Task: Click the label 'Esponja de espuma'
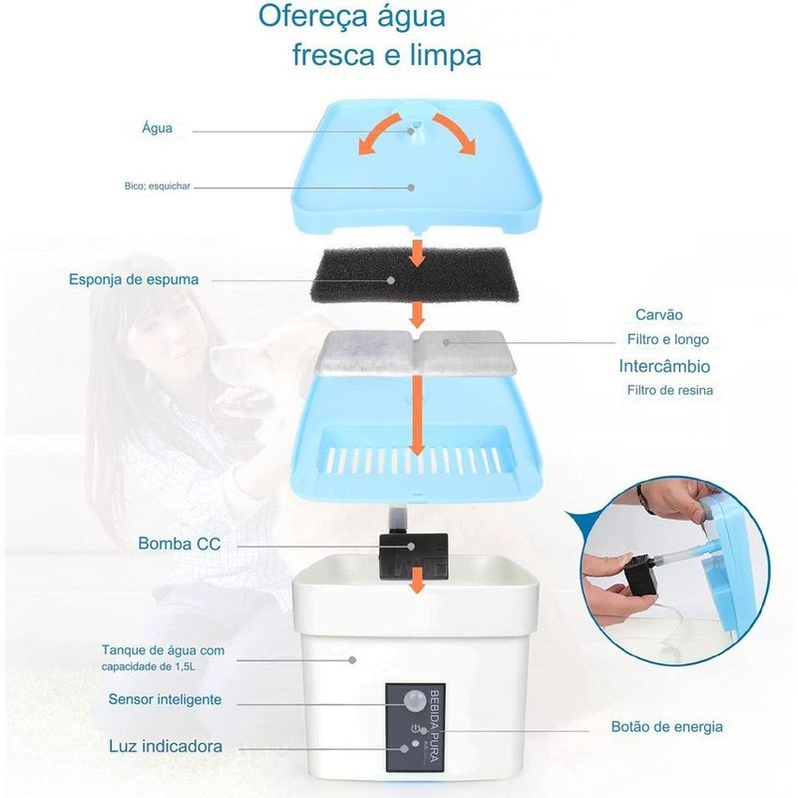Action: click(x=134, y=279)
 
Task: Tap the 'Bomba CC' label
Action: click(x=180, y=544)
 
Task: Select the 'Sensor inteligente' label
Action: click(x=165, y=699)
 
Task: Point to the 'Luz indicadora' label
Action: click(x=166, y=746)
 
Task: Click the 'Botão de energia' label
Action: click(x=666, y=727)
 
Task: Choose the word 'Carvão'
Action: click(x=658, y=314)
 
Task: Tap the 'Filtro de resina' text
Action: click(x=669, y=390)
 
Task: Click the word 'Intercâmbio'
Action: click(x=664, y=366)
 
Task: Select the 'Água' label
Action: click(x=157, y=128)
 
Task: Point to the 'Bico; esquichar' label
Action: click(x=158, y=187)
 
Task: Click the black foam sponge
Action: click(x=415, y=275)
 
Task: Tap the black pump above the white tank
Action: click(x=413, y=556)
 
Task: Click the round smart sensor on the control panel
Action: click(x=414, y=700)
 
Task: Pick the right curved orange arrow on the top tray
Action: click(x=454, y=134)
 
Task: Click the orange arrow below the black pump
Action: click(x=417, y=581)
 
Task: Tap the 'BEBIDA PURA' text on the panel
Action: click(x=434, y=726)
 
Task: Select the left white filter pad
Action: click(x=364, y=352)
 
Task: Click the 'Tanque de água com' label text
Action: click(x=163, y=650)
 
